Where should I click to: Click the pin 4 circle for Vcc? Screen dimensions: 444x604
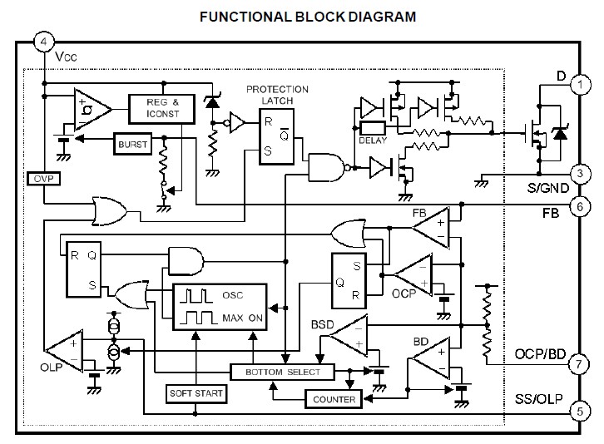(x=43, y=40)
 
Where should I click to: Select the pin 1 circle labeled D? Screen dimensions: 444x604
(x=580, y=80)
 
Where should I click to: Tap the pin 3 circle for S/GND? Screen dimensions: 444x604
(x=580, y=174)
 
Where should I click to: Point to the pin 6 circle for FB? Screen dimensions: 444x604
(x=580, y=205)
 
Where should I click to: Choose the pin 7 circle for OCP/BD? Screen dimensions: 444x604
(x=580, y=363)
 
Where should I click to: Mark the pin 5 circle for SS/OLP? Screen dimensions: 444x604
(x=580, y=409)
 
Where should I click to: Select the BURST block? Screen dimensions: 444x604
(x=132, y=144)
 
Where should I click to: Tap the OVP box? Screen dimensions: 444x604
(x=40, y=179)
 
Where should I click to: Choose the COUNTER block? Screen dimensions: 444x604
(x=334, y=400)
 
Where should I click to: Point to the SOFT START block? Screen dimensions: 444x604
(x=196, y=392)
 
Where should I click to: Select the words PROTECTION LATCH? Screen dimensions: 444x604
(x=277, y=94)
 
